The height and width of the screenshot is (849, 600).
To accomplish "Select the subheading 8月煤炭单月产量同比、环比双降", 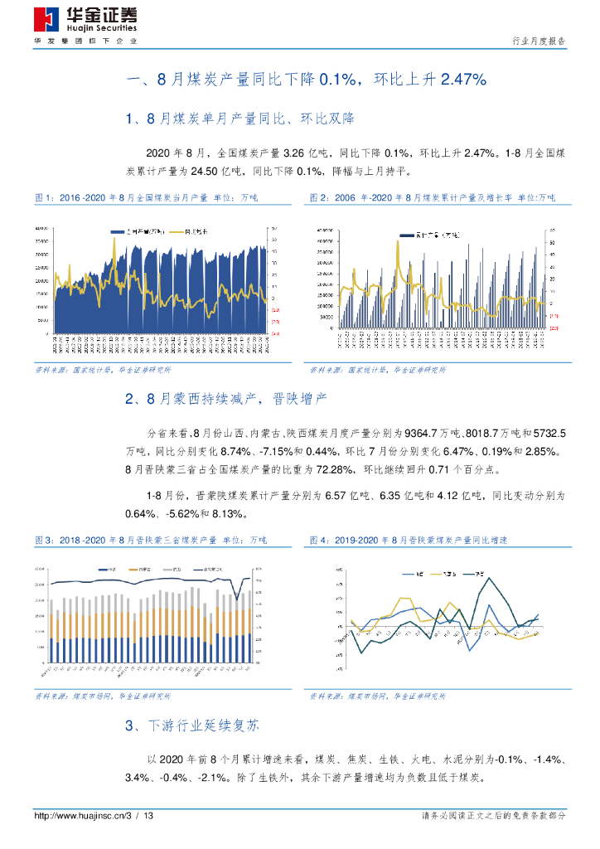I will tap(240, 119).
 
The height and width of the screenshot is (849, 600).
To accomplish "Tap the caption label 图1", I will tap(44, 198).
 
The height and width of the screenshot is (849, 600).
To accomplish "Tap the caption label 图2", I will tap(319, 198).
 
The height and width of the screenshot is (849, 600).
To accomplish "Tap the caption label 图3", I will tap(44, 539).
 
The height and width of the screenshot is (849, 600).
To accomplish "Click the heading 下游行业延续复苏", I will tap(203, 725).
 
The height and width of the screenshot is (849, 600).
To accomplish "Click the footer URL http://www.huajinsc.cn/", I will tap(79, 817).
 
